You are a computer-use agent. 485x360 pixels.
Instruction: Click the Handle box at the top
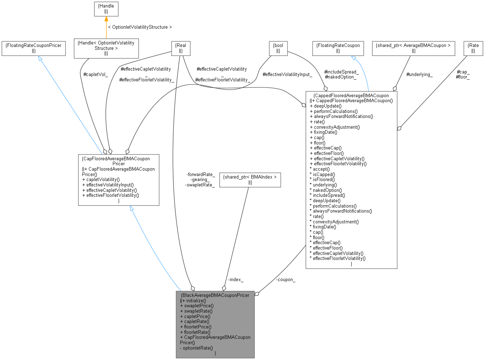[106, 9]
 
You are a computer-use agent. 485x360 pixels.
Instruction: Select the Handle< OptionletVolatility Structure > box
[106, 48]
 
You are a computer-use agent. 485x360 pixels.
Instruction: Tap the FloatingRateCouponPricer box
[34, 48]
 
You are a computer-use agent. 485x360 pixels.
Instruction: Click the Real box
[181, 48]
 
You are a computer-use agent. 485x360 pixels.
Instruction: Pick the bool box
[278, 48]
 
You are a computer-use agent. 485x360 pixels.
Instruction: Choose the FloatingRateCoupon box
[338, 48]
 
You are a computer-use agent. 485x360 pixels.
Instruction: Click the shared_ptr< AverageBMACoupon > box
[413, 48]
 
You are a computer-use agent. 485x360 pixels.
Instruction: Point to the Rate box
[473, 48]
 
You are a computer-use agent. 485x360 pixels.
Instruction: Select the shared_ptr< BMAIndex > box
[250, 179]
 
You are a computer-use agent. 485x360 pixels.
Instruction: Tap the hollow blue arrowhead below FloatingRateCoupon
[355, 59]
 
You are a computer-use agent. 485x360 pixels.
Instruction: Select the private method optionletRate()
[198, 348]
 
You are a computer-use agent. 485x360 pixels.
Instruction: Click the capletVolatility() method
[103, 179]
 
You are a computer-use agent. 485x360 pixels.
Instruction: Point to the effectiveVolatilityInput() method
[110, 185]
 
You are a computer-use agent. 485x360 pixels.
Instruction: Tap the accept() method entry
[321, 169]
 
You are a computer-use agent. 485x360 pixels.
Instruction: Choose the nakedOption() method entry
[327, 190]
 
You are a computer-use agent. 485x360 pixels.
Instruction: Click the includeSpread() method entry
[329, 195]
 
